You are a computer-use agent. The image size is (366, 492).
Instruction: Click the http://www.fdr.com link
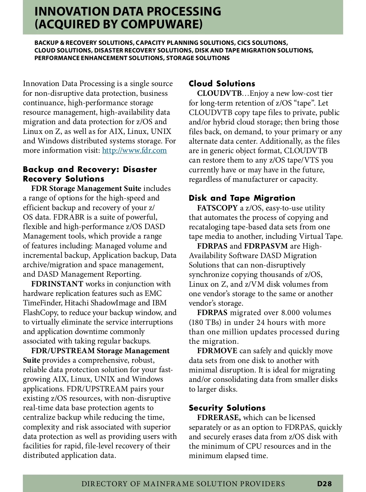(135, 150)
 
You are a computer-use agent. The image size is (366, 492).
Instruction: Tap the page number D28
(324, 483)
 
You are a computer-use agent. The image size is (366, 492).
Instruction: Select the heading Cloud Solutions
(222, 84)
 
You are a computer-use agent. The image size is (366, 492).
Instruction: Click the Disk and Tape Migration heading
(242, 198)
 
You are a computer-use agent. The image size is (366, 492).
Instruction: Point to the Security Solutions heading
(227, 408)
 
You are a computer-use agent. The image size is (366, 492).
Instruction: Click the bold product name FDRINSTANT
(57, 284)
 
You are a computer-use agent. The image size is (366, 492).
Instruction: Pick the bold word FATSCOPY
(217, 208)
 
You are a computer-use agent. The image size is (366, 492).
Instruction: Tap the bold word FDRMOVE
(217, 351)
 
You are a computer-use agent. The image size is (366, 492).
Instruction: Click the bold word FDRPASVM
(266, 246)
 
